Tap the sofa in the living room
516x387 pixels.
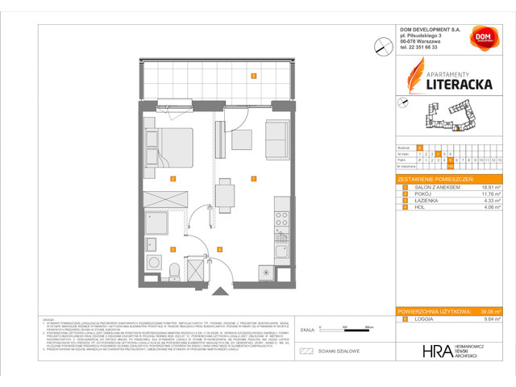click(x=276, y=139)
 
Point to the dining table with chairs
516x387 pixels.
click(x=227, y=193)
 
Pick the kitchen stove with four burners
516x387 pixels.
click(x=281, y=217)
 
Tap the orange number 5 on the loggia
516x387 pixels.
click(x=253, y=77)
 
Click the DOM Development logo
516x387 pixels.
click(x=484, y=40)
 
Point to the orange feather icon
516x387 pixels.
click(x=412, y=77)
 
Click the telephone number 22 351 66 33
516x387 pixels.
click(x=425, y=48)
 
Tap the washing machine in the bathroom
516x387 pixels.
click(x=152, y=265)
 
